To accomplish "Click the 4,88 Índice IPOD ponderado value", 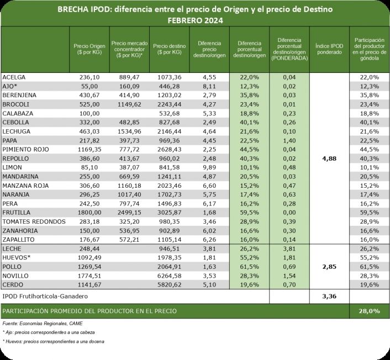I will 329,158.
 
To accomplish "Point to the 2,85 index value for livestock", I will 329,267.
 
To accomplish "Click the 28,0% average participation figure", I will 370,311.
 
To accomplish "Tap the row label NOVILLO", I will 17,276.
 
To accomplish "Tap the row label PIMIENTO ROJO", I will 25,149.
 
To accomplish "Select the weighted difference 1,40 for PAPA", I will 290,140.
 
